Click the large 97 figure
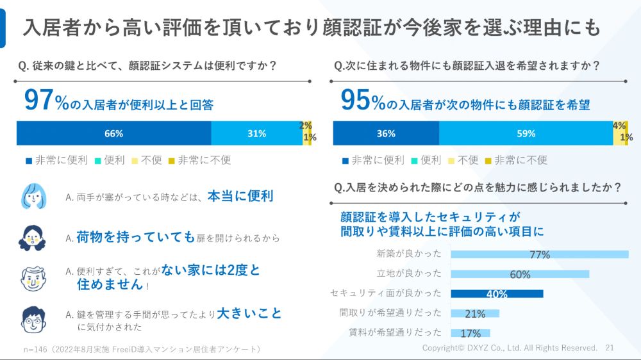(38, 101)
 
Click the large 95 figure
(356, 101)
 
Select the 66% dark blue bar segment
(113, 133)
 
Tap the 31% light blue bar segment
(256, 133)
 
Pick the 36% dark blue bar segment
(386, 133)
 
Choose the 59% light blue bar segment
(526, 133)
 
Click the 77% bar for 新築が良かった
(539, 254)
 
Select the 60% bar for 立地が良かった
(520, 274)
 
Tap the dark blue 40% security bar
(497, 293)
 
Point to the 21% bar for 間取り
(475, 313)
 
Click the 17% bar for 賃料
(470, 333)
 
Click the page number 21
(609, 348)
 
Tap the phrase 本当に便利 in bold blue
(240, 196)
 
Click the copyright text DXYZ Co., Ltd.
(510, 348)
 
